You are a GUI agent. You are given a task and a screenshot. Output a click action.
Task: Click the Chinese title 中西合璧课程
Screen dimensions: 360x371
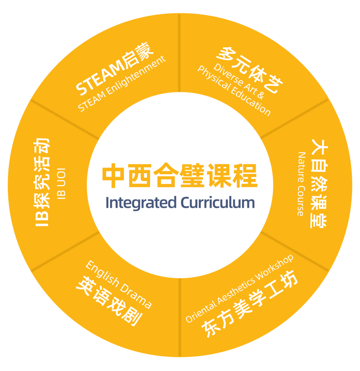(180, 176)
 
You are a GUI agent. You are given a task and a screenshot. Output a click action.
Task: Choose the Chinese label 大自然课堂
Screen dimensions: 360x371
(319, 183)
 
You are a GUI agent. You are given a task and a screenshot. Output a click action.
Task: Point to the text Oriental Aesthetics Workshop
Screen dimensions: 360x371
(240, 288)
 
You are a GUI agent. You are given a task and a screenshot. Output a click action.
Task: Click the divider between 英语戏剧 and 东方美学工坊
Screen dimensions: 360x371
(180, 316)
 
